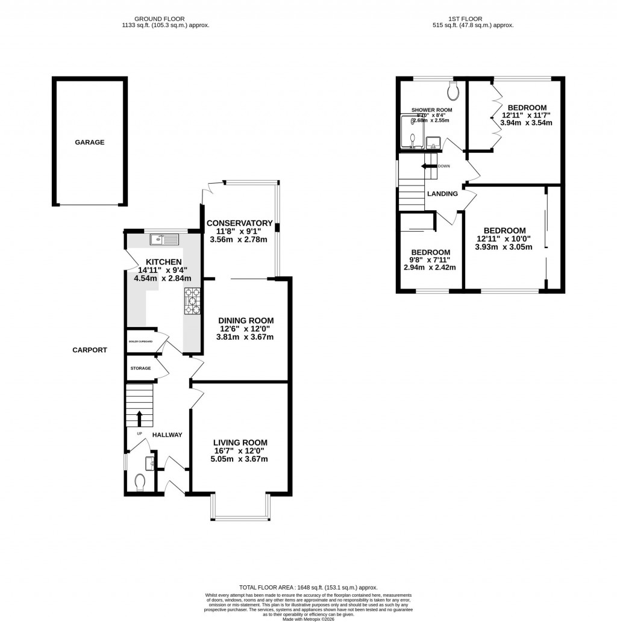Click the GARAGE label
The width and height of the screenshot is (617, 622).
click(x=89, y=143)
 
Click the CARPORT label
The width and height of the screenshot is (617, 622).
click(x=90, y=350)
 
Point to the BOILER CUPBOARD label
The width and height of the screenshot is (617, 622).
click(x=140, y=341)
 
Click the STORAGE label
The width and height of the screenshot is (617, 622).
click(x=140, y=368)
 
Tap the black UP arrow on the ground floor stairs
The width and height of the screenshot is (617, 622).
click(x=139, y=417)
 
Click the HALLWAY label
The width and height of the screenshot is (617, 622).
click(x=167, y=435)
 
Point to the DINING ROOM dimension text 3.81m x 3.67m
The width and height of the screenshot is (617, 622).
click(x=245, y=337)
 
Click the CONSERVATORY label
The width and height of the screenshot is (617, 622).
click(x=240, y=223)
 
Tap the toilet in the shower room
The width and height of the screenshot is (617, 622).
click(x=454, y=91)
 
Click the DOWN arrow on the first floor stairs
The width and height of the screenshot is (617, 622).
click(x=430, y=166)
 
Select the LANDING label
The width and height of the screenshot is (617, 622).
click(x=442, y=194)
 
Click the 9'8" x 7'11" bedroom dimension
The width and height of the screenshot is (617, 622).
click(x=430, y=260)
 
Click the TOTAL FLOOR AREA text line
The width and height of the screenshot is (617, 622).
click(x=308, y=588)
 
